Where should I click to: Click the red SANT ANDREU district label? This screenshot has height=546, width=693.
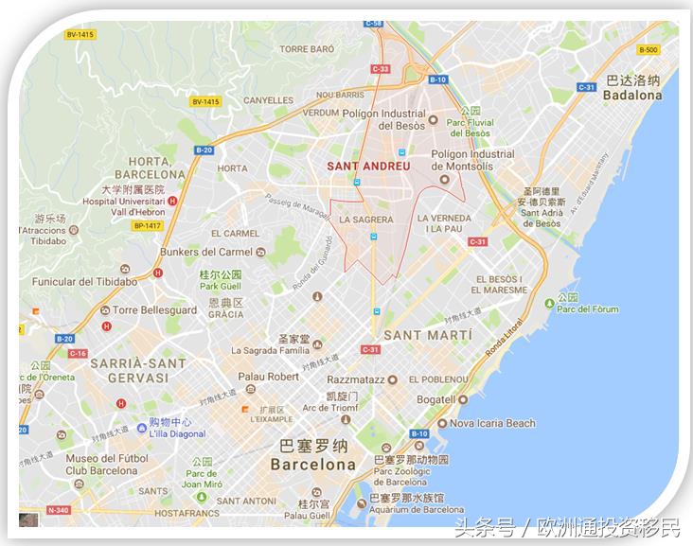point(368,166)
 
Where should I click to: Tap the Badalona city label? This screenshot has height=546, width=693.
point(632,96)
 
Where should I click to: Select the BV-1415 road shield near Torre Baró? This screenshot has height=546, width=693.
point(205,101)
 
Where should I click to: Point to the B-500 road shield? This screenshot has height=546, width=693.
point(648,50)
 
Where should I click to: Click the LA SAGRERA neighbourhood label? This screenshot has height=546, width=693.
point(365,220)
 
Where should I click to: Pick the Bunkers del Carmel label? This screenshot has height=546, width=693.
point(213,252)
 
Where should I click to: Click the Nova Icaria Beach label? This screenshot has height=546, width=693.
point(492,424)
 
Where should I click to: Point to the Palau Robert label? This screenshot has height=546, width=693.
point(268,376)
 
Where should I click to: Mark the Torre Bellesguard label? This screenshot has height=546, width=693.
point(153,310)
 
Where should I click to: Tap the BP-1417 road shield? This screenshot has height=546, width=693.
point(148,225)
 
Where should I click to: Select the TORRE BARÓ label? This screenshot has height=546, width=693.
point(308,48)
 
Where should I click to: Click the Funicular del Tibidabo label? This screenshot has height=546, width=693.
point(84,281)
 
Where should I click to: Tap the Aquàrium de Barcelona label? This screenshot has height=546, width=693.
point(417,509)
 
